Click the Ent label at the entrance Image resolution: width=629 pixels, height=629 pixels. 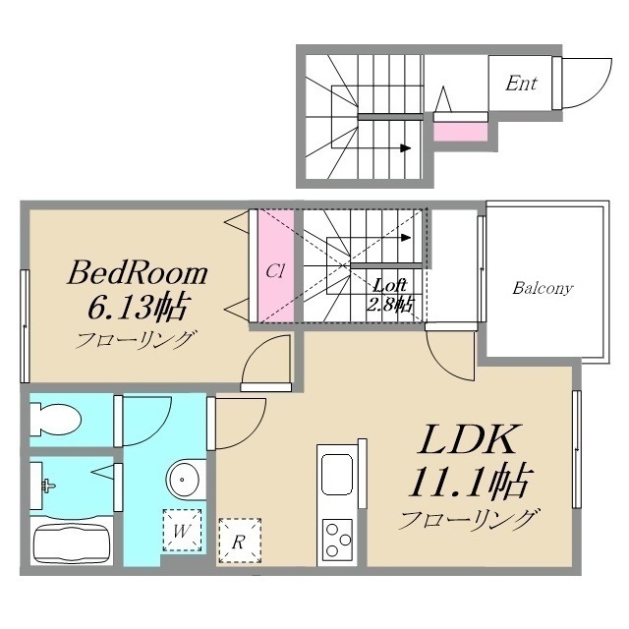521,84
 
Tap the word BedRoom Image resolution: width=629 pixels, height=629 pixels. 138,273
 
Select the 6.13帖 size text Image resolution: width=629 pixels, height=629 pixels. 137,308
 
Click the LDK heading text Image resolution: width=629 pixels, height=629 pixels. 467,439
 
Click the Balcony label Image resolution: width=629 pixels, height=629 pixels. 543,288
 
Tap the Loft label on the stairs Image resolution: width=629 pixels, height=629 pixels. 389,285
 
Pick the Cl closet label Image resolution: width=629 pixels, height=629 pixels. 275,271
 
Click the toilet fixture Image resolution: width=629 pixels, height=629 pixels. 55,420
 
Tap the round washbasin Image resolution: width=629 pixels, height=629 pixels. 183,479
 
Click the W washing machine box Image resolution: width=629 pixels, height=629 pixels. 182,531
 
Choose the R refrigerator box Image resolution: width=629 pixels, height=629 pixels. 240,541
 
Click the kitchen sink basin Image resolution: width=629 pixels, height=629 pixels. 337,475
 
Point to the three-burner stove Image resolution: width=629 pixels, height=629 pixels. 337,540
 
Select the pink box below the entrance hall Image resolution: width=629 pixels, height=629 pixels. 461,132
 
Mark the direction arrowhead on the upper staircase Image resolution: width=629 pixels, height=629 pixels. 406,148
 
